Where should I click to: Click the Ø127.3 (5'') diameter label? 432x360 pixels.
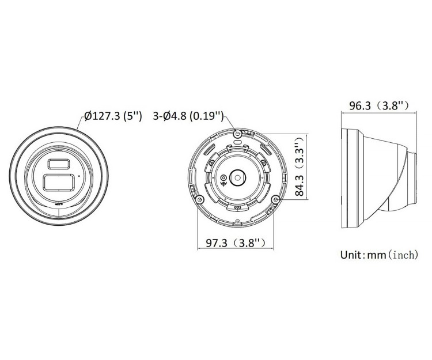[113, 116]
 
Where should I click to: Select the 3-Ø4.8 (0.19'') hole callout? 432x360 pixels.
[188, 116]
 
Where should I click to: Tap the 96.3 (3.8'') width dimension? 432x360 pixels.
[379, 105]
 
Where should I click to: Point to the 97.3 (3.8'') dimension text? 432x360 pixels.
[236, 242]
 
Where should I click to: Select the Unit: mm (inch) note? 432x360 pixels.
[379, 255]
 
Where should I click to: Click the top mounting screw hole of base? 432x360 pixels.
[238, 134]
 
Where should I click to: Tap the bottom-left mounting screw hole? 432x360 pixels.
[199, 198]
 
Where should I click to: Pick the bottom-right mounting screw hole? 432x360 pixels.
[275, 199]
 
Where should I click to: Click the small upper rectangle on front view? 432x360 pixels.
[59, 164]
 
